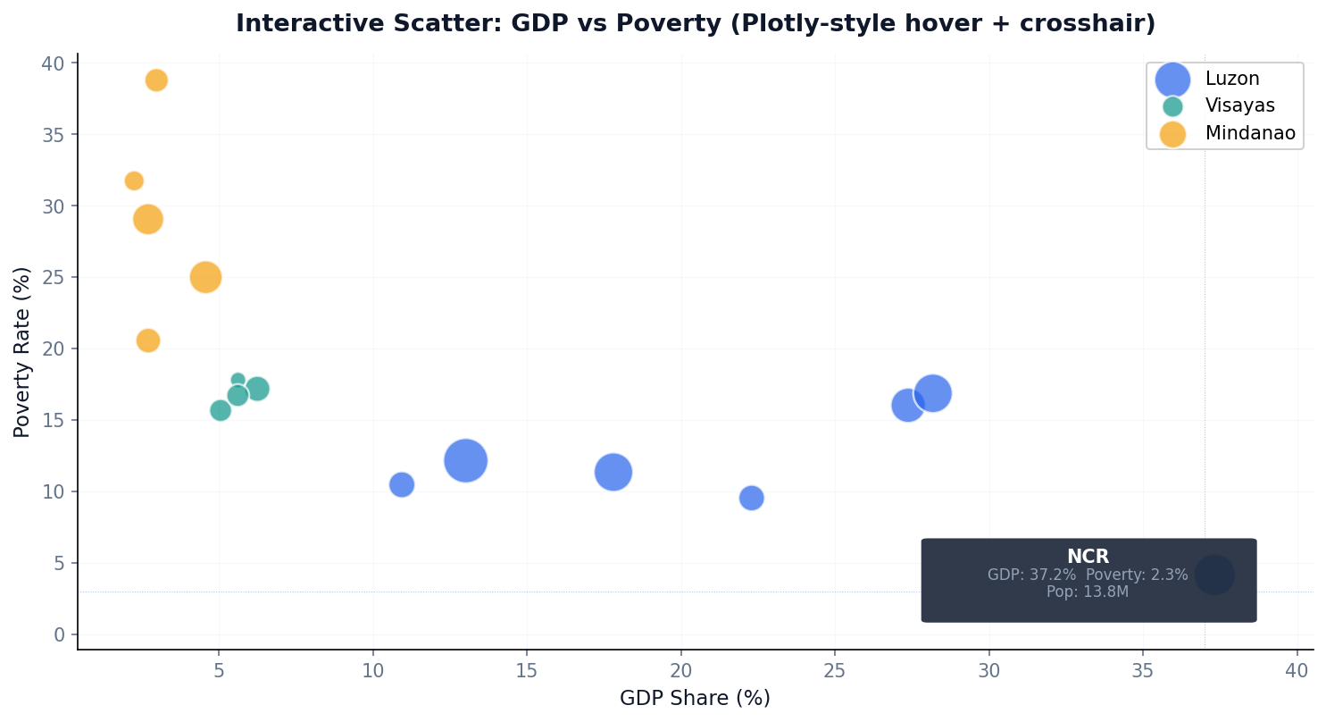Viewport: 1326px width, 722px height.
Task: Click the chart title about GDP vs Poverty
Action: (x=695, y=24)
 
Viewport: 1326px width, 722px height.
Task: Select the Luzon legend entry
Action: (x=1231, y=79)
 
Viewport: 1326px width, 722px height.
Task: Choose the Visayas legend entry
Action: (x=1239, y=106)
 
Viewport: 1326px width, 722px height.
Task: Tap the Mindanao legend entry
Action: (x=1249, y=134)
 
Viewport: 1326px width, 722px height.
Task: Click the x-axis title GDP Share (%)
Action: (x=695, y=699)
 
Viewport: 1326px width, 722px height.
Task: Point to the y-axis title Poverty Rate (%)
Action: (x=22, y=352)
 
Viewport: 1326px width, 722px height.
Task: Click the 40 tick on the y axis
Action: (x=53, y=63)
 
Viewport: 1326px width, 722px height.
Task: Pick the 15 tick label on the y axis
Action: (x=53, y=420)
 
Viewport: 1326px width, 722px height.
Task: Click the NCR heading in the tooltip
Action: (x=1088, y=557)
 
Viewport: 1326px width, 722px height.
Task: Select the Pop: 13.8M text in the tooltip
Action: (x=1088, y=592)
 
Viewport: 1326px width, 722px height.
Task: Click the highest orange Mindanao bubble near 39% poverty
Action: (x=156, y=80)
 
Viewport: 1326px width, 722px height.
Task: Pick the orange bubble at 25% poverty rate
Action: (x=205, y=277)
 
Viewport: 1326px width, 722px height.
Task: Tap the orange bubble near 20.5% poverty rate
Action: (x=148, y=340)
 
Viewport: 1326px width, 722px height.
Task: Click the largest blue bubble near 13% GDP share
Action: (x=465, y=461)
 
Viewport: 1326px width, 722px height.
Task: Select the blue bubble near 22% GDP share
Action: (x=752, y=498)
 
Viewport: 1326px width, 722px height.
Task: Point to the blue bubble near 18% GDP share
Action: (x=613, y=472)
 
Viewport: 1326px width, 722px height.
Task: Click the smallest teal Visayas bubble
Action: (x=238, y=380)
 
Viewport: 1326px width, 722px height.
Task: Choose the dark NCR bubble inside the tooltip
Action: (x=1214, y=575)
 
